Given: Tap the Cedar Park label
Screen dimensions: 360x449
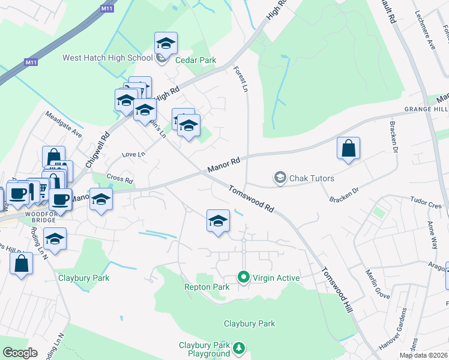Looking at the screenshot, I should (195, 60).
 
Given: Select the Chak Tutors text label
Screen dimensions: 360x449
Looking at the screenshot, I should (312, 178).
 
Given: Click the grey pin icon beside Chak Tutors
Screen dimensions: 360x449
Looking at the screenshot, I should (280, 178).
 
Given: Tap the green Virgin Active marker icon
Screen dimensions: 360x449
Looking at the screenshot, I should (243, 277).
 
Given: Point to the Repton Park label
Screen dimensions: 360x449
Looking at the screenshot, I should (206, 287).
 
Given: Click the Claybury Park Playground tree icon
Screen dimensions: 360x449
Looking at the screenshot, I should (239, 348).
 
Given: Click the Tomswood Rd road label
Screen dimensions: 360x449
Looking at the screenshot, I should (251, 199).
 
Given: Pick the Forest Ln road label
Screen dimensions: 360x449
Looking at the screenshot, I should (241, 79).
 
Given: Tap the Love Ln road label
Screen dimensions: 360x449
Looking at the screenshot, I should (133, 154).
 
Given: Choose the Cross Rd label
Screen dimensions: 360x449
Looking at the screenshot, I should (119, 178).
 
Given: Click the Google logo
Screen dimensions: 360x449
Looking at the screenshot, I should (20, 353).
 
